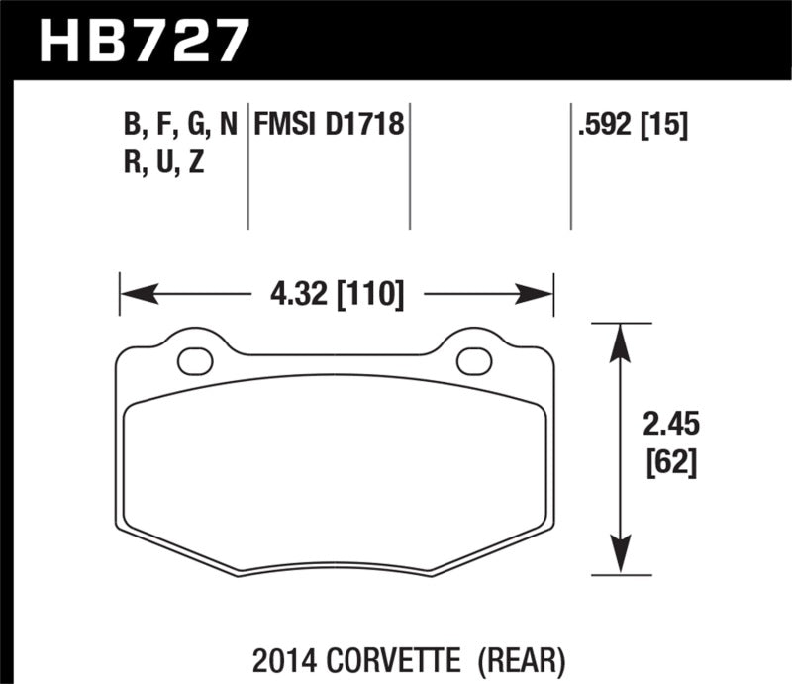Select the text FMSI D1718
(330, 127)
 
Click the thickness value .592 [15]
(630, 127)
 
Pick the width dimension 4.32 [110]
(336, 294)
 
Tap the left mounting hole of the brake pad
(195, 361)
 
